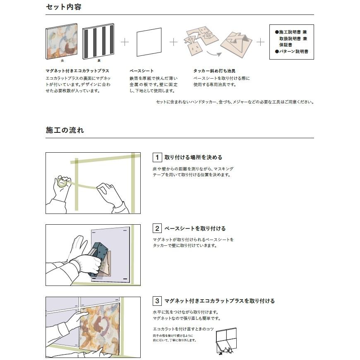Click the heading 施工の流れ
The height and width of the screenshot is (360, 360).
(x=65, y=130)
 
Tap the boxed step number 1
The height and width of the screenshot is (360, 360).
(x=157, y=157)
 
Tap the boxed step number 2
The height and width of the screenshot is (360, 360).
(x=157, y=228)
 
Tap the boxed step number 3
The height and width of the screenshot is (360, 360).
(x=157, y=301)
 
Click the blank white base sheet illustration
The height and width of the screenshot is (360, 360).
(x=149, y=42)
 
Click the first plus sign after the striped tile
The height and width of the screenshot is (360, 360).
(x=125, y=42)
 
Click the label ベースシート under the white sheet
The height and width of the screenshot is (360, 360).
(x=142, y=71)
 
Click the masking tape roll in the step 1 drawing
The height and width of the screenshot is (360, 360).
(x=62, y=182)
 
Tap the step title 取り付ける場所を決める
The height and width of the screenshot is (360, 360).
(x=193, y=157)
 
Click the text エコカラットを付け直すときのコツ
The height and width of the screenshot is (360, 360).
(x=183, y=329)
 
